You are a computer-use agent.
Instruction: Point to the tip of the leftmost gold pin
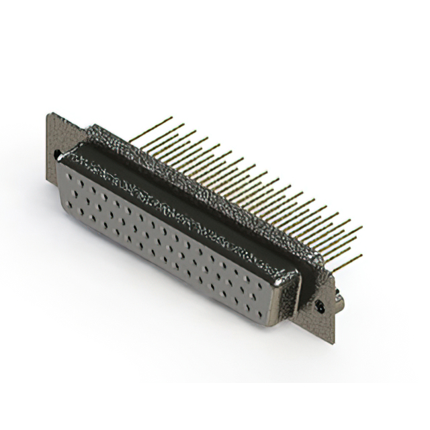[173, 118]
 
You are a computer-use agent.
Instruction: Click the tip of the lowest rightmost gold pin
[360, 255]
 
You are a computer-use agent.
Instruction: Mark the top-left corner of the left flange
[49, 114]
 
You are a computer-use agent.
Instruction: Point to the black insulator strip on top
[181, 195]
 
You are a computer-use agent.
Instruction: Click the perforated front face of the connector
[168, 242]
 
